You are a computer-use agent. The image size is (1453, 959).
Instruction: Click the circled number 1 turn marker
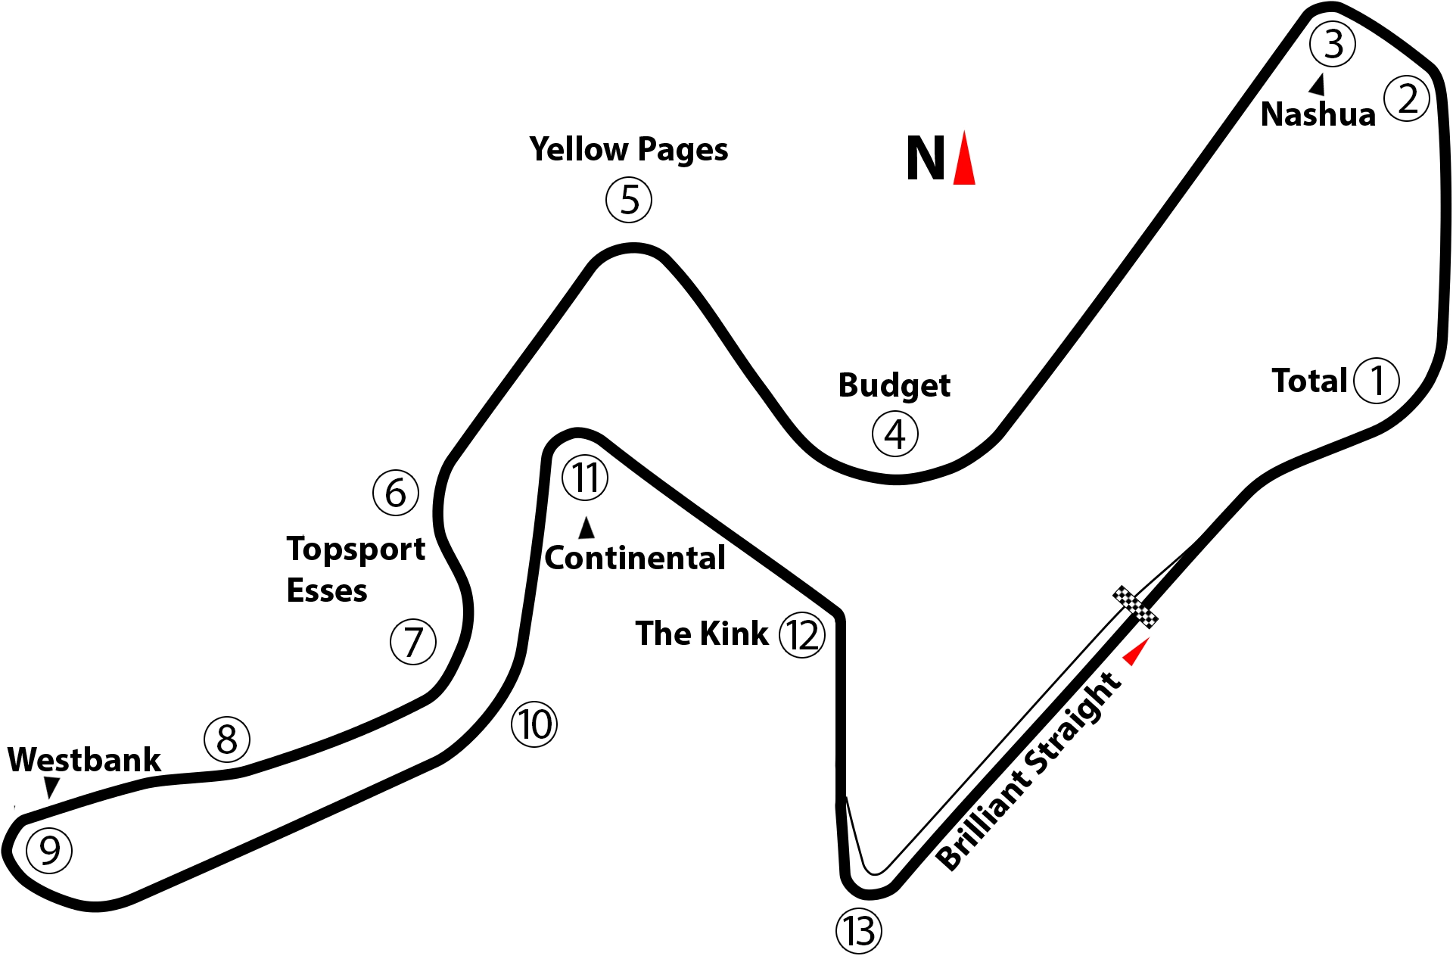[1377, 381]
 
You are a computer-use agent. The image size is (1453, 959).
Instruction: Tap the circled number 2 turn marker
[1407, 99]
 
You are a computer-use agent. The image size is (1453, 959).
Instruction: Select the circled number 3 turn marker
[1333, 44]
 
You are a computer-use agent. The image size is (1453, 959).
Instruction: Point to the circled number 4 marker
[895, 434]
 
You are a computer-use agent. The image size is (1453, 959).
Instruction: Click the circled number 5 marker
[629, 200]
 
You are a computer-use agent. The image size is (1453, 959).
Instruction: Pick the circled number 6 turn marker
[396, 494]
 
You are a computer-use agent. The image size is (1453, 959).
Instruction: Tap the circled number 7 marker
[413, 642]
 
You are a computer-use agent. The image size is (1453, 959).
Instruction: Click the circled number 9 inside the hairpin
[49, 851]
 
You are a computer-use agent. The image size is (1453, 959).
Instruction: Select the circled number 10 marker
[535, 724]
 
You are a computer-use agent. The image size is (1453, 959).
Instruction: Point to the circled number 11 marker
[585, 478]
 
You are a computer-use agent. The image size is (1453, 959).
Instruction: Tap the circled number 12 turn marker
[802, 635]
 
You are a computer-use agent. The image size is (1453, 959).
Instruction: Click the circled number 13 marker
[859, 931]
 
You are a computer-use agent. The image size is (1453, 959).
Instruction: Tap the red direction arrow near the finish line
[1134, 652]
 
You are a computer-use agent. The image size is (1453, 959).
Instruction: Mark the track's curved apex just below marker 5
[633, 249]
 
